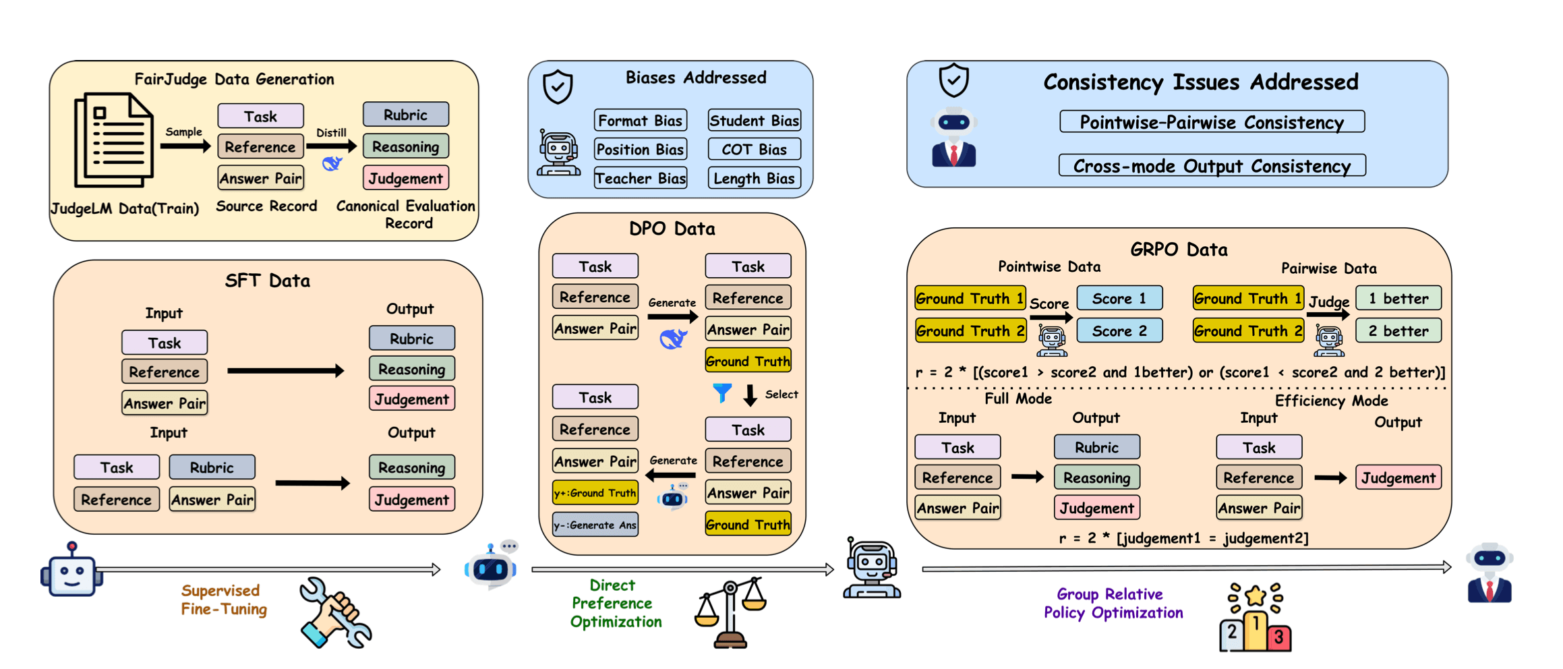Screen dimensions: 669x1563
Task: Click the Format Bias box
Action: click(640, 121)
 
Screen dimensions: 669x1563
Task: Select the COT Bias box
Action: click(754, 150)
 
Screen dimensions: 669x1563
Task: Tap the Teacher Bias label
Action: click(640, 179)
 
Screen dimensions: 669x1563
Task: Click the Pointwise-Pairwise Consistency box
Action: click(1212, 122)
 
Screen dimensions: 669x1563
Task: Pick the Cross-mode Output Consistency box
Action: click(1212, 166)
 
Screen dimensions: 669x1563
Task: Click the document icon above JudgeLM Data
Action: click(114, 140)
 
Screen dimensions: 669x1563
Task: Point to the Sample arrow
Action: click(185, 146)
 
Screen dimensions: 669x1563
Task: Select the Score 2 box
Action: click(1119, 331)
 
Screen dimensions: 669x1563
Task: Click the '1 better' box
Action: click(1398, 298)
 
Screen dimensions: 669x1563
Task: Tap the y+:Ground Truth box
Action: click(595, 493)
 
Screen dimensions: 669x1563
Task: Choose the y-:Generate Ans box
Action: click(595, 525)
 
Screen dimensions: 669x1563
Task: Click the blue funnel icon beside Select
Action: click(722, 392)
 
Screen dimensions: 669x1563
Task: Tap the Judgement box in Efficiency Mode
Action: click(1398, 478)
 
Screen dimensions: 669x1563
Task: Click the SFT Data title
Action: click(267, 281)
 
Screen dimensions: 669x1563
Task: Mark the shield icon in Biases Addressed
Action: click(558, 86)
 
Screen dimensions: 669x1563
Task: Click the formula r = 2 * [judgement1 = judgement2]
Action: click(1183, 538)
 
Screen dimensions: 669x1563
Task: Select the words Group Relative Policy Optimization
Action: click(1113, 604)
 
